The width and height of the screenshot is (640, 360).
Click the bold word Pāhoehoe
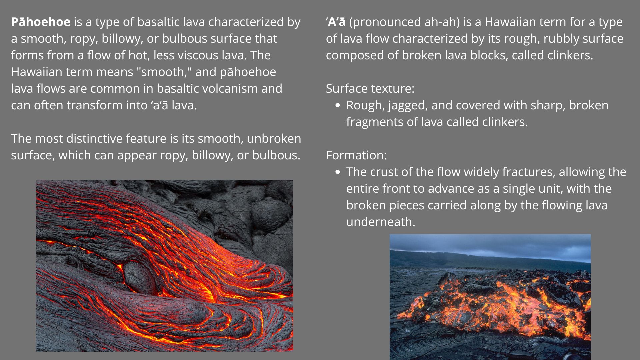(x=41, y=22)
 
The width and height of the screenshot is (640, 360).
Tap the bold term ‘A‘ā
(x=336, y=22)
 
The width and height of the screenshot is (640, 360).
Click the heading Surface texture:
(x=370, y=89)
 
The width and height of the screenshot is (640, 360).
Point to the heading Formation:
(x=356, y=155)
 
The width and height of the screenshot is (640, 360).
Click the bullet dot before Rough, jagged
(x=338, y=106)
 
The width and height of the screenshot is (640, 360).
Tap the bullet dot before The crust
(x=338, y=172)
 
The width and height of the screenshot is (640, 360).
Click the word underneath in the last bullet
(x=381, y=222)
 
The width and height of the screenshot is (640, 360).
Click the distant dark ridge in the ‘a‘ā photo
(x=490, y=262)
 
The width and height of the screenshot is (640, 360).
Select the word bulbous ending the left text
(x=276, y=155)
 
